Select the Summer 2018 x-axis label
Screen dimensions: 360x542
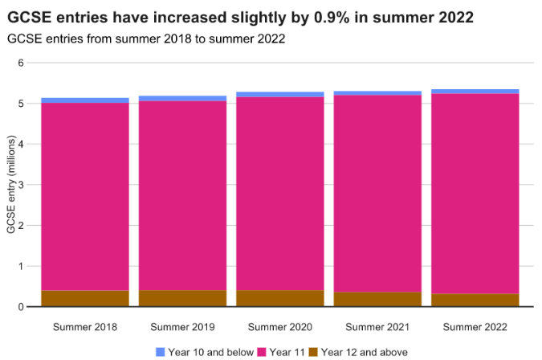pyautogui.click(x=85, y=327)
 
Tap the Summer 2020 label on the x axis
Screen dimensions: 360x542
pyautogui.click(x=280, y=327)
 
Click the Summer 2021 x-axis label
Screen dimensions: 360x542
pyautogui.click(x=377, y=327)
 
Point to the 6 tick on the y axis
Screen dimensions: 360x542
pyautogui.click(x=22, y=63)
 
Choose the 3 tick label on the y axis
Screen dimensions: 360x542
pyautogui.click(x=22, y=185)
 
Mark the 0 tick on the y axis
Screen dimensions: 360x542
pyautogui.click(x=22, y=307)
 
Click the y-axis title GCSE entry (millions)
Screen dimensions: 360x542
pyautogui.click(x=10, y=185)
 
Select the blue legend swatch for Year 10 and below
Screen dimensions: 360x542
pyautogui.click(x=160, y=352)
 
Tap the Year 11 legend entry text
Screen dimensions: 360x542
pyautogui.click(x=287, y=352)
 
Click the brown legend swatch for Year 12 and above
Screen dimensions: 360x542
pyautogui.click(x=314, y=352)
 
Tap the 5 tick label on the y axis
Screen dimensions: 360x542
pyautogui.click(x=22, y=104)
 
